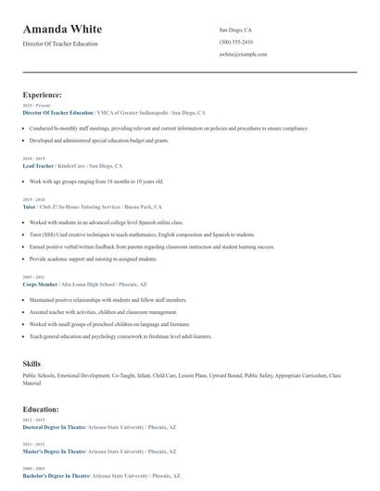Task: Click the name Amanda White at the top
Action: [x=62, y=30]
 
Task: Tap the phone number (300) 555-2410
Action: [x=235, y=42]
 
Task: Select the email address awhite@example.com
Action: [x=243, y=55]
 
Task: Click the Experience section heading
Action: [x=43, y=94]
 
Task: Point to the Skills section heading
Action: [x=32, y=363]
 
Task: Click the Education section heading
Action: [x=41, y=409]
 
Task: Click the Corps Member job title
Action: [x=40, y=284]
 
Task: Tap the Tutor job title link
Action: [x=29, y=208]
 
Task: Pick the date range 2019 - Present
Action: [x=37, y=106]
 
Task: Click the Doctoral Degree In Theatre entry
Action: [x=54, y=427]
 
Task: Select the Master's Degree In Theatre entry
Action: [x=54, y=450]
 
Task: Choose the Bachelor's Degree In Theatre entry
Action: [x=55, y=474]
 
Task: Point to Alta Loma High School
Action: [x=94, y=284]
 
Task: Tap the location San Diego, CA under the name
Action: [x=235, y=30]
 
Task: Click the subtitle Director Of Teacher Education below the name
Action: [x=59, y=44]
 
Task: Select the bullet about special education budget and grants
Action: [x=99, y=140]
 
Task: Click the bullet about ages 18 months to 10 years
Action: [x=96, y=182]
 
